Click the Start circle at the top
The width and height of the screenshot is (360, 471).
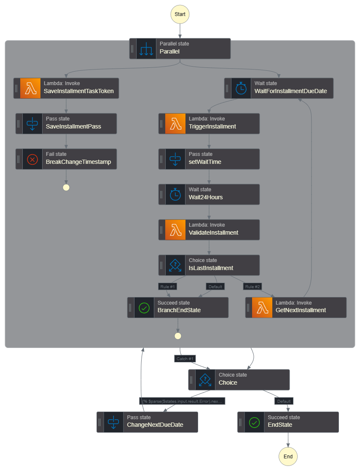pyautogui.click(x=180, y=14)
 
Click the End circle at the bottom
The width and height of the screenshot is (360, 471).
pyautogui.click(x=288, y=456)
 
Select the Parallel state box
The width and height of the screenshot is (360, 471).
pyautogui.click(x=180, y=48)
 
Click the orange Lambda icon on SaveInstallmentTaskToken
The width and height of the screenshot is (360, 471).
pyautogui.click(x=30, y=88)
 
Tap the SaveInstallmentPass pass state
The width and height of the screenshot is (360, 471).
pyautogui.click(x=66, y=123)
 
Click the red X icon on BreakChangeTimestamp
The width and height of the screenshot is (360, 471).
pyautogui.click(x=32, y=159)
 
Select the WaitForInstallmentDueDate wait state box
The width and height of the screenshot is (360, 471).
pyautogui.click(x=279, y=88)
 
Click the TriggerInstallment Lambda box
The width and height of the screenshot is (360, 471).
pyautogui.click(x=209, y=123)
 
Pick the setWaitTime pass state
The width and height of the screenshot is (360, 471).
pyautogui.click(x=209, y=159)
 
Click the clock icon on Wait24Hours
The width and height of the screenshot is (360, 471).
pyautogui.click(x=175, y=194)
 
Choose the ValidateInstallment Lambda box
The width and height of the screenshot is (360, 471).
pyautogui.click(x=209, y=230)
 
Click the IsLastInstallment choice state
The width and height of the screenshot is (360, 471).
pyautogui.click(x=209, y=265)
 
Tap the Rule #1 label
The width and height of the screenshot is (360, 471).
pyautogui.click(x=167, y=286)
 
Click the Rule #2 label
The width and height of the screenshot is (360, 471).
pyautogui.click(x=252, y=286)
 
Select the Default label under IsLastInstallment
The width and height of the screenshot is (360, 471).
pyautogui.click(x=215, y=286)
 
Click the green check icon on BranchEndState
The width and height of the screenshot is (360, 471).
pyautogui.click(x=144, y=308)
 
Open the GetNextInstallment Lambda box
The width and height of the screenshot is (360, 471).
pyautogui.click(x=296, y=308)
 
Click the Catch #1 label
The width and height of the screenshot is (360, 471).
pyautogui.click(x=185, y=359)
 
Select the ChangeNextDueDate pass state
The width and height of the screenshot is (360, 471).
pyautogui.click(x=147, y=422)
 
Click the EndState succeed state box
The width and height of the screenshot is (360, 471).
pyautogui.click(x=288, y=422)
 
